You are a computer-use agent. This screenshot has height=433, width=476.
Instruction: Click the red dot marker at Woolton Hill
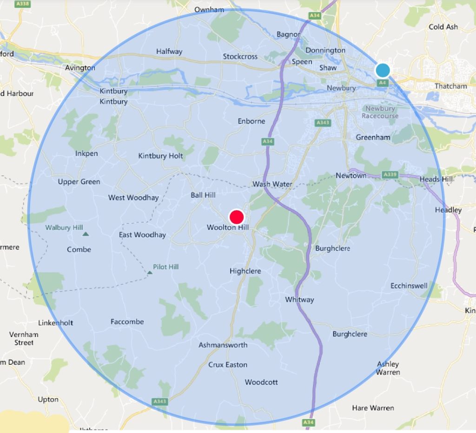tap(237, 217)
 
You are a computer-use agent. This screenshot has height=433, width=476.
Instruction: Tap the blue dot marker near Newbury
tap(383, 70)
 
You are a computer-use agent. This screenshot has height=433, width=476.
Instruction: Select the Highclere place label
tap(245, 271)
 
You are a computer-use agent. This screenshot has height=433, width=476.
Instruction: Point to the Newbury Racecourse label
tap(380, 112)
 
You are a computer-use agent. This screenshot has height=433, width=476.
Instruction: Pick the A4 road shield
tap(382, 83)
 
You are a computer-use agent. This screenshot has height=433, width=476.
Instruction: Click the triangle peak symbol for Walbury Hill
tap(85, 234)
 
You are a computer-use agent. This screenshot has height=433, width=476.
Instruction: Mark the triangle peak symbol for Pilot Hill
tap(150, 272)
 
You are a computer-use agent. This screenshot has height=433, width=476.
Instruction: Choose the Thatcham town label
tap(450, 86)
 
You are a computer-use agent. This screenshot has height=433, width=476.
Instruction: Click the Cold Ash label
tap(443, 27)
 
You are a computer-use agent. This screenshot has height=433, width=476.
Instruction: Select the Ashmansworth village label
tap(223, 345)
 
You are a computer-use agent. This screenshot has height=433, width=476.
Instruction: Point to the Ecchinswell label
tap(409, 285)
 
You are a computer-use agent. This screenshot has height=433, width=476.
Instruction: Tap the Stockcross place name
tap(240, 57)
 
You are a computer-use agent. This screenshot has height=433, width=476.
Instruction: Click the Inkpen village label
tap(86, 154)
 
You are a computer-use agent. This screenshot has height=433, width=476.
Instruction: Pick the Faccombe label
tap(127, 322)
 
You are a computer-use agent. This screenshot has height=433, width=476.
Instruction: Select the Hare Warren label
tap(373, 408)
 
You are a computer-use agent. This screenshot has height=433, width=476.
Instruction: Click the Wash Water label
tap(272, 184)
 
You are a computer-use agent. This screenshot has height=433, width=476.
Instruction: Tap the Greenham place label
tap(373, 137)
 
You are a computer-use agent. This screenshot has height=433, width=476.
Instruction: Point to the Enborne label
tap(251, 121)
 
